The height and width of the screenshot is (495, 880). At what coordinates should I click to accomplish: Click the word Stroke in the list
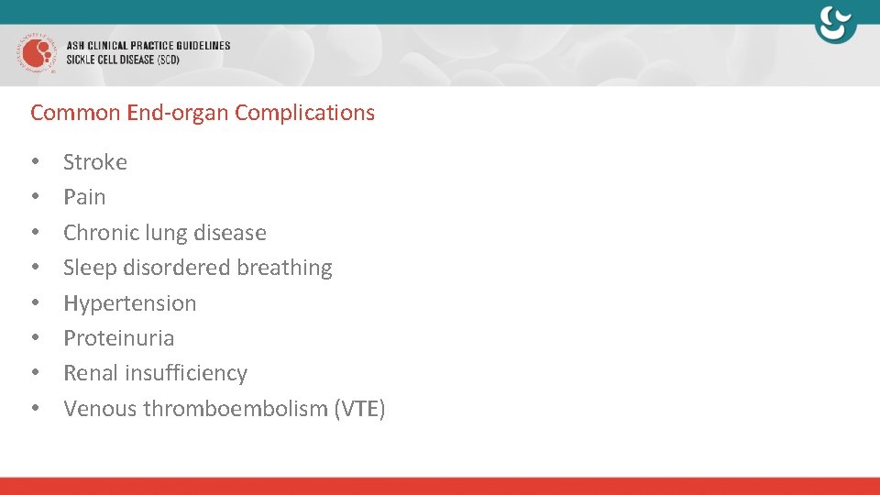coord(95,162)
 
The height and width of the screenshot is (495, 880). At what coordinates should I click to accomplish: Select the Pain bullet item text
coord(84,197)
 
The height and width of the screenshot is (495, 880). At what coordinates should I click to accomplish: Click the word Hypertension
coord(130,303)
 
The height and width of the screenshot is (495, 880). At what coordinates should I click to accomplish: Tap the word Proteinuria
coord(118,338)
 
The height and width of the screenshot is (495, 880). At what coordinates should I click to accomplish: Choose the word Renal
coord(89,373)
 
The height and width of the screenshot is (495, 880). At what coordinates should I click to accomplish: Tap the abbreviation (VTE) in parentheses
coord(362,409)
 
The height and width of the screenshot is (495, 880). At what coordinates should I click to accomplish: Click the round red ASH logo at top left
coord(36,52)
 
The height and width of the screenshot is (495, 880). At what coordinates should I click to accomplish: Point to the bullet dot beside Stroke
coord(35,162)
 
